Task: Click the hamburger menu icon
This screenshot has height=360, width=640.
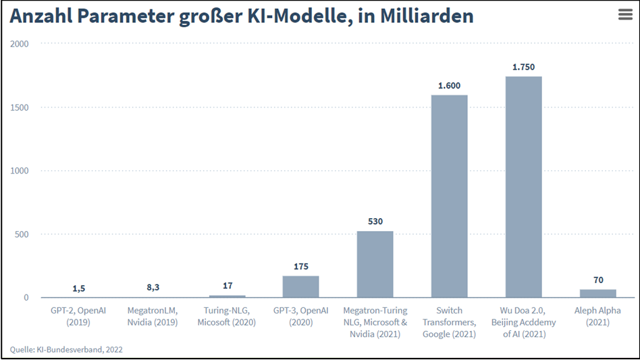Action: tap(625, 16)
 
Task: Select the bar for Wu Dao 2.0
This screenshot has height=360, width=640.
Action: tap(523, 186)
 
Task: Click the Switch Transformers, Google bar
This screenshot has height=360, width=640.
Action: tap(449, 196)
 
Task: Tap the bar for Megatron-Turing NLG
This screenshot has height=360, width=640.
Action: tap(375, 264)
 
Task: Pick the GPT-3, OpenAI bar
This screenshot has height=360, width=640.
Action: tap(300, 286)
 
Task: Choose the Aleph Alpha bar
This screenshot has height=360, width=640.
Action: tap(597, 293)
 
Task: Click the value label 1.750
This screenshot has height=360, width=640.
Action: tap(523, 68)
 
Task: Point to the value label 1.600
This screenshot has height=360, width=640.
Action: tap(449, 86)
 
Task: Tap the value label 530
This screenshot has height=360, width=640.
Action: tap(375, 222)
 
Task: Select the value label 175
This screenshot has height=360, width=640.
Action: tap(301, 267)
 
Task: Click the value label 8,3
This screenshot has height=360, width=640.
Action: tap(153, 287)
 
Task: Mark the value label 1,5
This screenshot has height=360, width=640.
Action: tap(78, 288)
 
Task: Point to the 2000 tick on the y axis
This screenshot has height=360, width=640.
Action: tap(20, 44)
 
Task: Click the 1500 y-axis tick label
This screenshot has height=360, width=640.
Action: tap(20, 107)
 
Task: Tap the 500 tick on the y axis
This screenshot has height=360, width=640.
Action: tap(22, 234)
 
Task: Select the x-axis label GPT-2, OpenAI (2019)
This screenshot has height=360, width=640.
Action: tap(78, 316)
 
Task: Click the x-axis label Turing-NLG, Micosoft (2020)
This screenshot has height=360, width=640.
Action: tap(227, 316)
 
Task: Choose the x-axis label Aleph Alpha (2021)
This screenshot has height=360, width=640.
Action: tap(597, 316)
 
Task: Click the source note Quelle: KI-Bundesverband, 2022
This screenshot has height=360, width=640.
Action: tap(66, 349)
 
